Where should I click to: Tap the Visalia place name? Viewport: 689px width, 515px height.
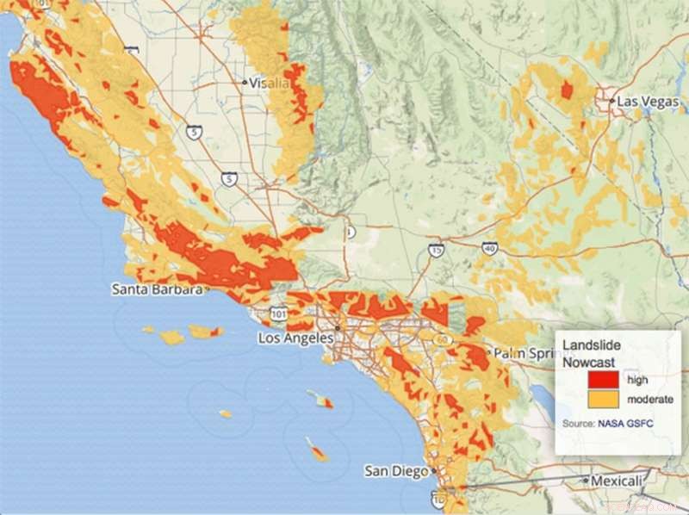(270, 84)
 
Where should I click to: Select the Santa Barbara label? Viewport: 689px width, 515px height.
(157, 289)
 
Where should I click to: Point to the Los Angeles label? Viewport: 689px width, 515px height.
(295, 338)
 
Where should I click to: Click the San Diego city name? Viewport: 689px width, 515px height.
(395, 471)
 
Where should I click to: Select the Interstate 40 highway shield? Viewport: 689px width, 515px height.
(488, 247)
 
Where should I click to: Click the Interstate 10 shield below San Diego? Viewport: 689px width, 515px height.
(438, 499)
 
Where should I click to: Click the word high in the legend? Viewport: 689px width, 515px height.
(638, 380)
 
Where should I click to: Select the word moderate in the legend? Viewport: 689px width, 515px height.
(650, 400)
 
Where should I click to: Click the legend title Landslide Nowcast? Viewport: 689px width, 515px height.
(593, 352)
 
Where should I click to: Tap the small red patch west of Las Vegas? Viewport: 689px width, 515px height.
(567, 90)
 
